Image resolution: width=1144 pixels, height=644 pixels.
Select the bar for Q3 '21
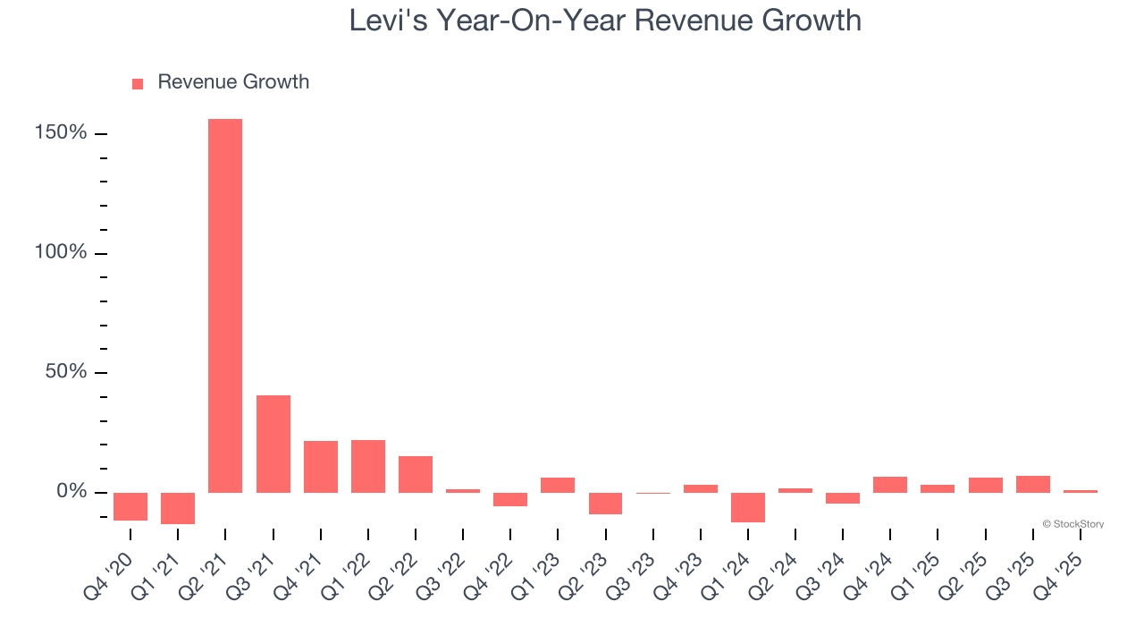(273, 444)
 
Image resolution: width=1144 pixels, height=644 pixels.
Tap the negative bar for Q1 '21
(178, 508)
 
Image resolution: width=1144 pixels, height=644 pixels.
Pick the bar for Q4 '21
(320, 467)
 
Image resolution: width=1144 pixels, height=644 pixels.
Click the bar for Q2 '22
(416, 474)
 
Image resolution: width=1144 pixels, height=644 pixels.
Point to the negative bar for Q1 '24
(748, 507)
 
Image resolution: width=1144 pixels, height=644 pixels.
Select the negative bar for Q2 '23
(605, 504)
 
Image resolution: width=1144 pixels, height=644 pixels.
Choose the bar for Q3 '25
(1033, 484)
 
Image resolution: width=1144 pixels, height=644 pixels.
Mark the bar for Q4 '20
(130, 506)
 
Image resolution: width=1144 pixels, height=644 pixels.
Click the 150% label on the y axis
(61, 133)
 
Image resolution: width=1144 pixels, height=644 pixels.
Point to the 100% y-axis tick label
(61, 253)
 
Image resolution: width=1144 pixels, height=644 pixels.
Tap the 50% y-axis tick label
(66, 372)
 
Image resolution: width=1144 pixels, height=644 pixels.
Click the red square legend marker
(138, 84)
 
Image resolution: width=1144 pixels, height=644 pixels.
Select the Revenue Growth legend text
(233, 82)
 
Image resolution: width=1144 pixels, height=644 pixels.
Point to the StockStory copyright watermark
(1072, 524)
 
